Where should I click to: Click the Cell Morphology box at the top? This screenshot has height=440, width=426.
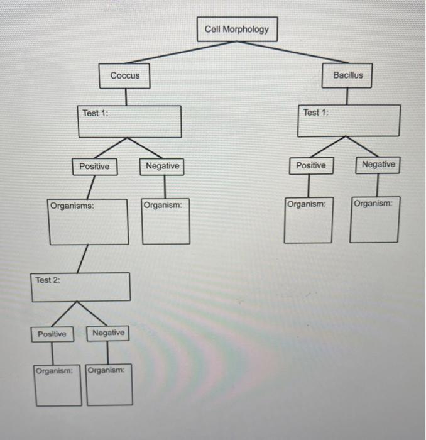(236, 30)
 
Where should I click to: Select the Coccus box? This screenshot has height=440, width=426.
(125, 75)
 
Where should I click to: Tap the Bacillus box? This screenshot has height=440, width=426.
(347, 75)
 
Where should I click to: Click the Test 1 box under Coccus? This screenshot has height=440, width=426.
(129, 121)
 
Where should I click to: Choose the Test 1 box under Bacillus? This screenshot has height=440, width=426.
(348, 120)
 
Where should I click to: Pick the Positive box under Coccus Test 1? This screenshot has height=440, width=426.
(94, 167)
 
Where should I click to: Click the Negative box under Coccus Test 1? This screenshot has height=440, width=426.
(162, 167)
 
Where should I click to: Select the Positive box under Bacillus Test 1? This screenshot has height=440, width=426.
(310, 166)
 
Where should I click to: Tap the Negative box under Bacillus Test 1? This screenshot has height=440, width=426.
(378, 165)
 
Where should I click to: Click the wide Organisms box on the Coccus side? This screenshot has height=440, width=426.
(89, 221)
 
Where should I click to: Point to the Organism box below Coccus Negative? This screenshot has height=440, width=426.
(165, 221)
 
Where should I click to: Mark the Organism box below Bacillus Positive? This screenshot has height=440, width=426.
(308, 220)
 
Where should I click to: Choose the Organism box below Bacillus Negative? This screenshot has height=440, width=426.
(374, 220)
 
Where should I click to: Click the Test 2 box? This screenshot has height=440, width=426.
(80, 287)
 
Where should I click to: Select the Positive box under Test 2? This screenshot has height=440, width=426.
(52, 334)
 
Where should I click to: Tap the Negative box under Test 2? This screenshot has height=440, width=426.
(108, 333)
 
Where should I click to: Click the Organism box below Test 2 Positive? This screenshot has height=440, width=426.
(58, 385)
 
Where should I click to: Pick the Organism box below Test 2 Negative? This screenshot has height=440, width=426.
(109, 385)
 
